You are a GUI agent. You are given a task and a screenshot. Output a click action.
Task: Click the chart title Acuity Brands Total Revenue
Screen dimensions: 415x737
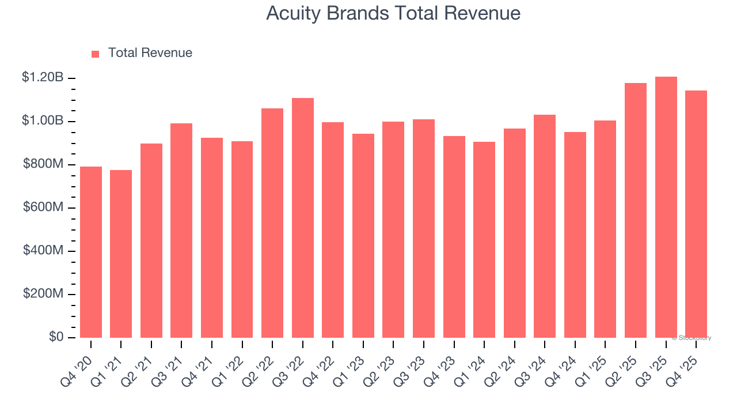click(x=393, y=13)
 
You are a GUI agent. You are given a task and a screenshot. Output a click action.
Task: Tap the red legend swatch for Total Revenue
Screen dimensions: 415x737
click(x=96, y=54)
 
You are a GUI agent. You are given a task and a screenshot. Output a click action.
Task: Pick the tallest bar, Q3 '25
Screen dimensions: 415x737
click(x=666, y=207)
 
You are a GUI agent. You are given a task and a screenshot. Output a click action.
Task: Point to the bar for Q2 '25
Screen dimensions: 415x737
click(x=636, y=210)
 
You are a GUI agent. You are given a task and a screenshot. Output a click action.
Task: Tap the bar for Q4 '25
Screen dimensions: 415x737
click(x=696, y=214)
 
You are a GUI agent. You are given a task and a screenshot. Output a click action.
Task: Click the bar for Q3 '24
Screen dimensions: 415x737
click(x=545, y=226)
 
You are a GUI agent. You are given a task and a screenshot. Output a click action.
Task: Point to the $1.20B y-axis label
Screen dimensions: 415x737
click(x=43, y=77)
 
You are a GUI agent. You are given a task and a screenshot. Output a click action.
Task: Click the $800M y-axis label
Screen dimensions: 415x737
click(x=43, y=164)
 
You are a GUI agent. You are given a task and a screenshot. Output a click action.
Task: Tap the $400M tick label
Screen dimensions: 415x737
click(x=43, y=251)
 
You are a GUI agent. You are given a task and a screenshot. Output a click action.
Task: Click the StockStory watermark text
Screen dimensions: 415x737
click(x=692, y=338)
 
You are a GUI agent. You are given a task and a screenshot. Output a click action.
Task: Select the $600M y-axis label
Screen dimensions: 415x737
click(x=43, y=207)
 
